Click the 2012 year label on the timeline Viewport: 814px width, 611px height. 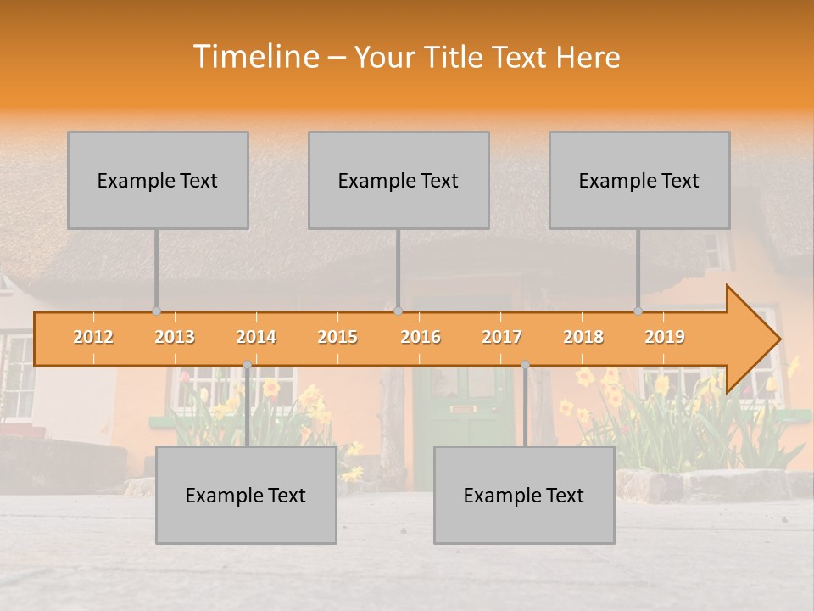(93, 337)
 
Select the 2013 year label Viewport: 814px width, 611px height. (175, 337)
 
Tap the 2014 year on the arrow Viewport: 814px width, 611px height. (256, 337)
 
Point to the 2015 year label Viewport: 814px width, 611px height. (337, 337)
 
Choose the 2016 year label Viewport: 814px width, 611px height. (421, 337)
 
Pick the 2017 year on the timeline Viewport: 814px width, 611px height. (502, 337)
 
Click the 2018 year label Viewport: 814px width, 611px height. (583, 337)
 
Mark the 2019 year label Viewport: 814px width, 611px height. (665, 337)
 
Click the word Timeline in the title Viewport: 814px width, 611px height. (254, 57)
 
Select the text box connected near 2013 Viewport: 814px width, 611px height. (158, 181)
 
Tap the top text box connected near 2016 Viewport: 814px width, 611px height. (399, 181)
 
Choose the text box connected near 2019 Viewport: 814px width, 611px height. (639, 181)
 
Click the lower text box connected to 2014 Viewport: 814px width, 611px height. (246, 496)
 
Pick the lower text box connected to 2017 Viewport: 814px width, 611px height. (524, 496)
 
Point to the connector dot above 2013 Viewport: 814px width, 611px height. (156, 311)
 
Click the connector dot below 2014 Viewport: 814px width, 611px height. (247, 365)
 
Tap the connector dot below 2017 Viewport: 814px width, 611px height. (525, 365)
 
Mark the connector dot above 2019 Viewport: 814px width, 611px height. (638, 311)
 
